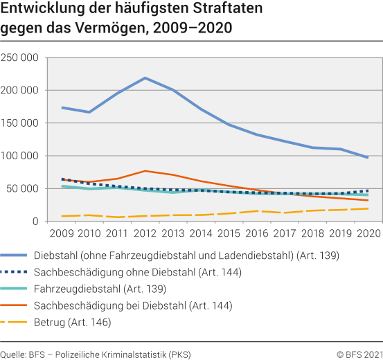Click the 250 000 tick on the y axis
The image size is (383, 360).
[x=19, y=57]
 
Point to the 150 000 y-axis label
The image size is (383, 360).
[x=19, y=123]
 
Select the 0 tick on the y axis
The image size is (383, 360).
[x=35, y=222]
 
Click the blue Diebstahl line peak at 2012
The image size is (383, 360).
[x=145, y=78]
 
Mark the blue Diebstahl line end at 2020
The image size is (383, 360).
[x=367, y=157]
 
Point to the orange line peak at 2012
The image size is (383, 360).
[x=145, y=170]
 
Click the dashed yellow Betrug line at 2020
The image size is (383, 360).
[x=367, y=208]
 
